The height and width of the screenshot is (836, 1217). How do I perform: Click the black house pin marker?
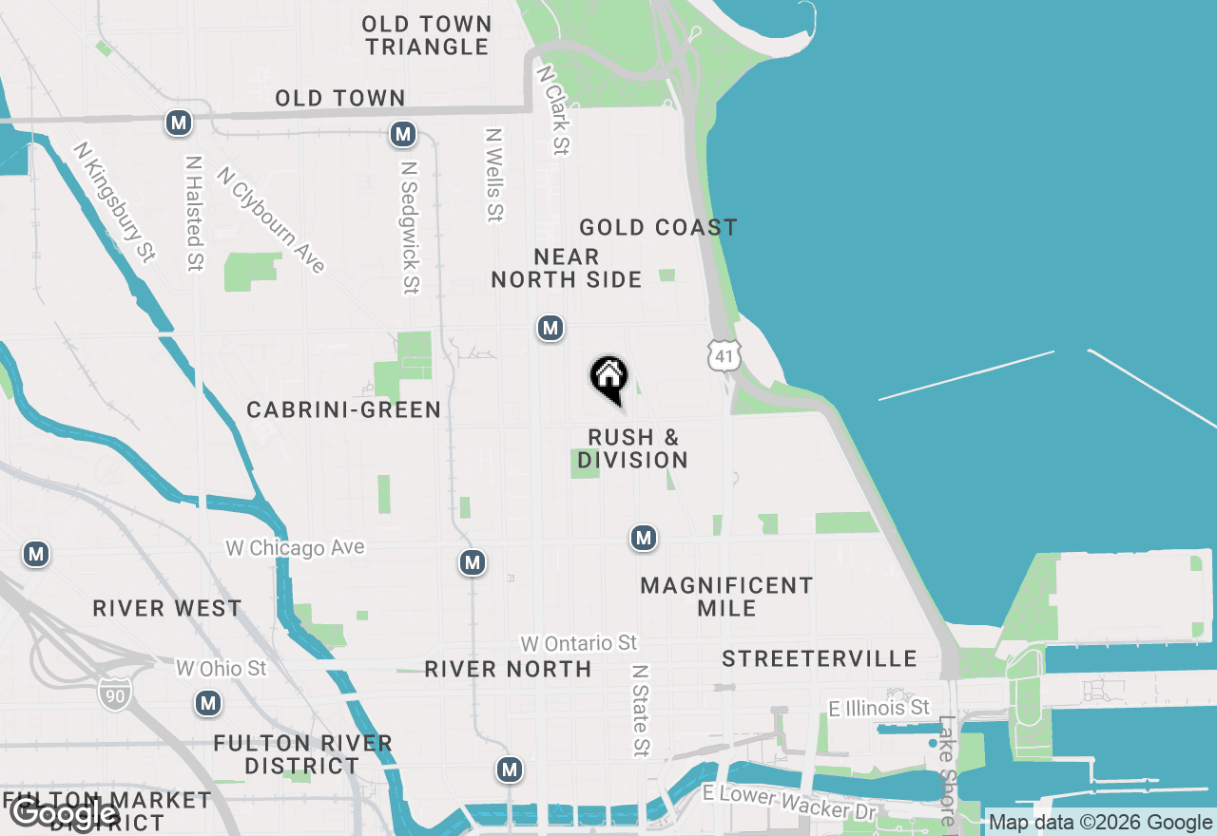click(x=609, y=379)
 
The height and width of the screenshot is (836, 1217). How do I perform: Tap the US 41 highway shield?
click(x=723, y=355)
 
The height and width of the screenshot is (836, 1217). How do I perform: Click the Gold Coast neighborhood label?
click(x=658, y=227)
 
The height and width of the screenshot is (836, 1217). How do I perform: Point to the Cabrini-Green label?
click(x=344, y=409)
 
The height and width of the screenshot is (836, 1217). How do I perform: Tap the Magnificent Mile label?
click(x=726, y=597)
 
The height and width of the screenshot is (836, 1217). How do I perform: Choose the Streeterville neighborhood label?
click(x=820, y=658)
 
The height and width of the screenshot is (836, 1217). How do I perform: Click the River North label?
click(x=509, y=669)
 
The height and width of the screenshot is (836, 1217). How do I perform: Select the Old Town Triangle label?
click(x=428, y=35)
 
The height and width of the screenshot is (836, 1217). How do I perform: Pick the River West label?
click(x=167, y=608)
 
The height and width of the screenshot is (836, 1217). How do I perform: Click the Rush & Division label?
click(x=633, y=448)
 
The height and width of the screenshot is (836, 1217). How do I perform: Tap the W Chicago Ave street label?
click(x=295, y=548)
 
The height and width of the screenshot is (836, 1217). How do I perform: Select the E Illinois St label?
click(x=879, y=708)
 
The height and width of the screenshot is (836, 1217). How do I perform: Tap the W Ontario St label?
click(x=578, y=644)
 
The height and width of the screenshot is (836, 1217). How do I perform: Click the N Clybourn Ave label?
click(x=271, y=219)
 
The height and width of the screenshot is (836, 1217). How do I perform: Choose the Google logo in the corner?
click(x=65, y=813)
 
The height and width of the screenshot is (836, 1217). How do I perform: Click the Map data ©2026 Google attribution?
click(x=1100, y=823)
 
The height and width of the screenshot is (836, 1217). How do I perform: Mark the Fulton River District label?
click(x=302, y=753)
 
